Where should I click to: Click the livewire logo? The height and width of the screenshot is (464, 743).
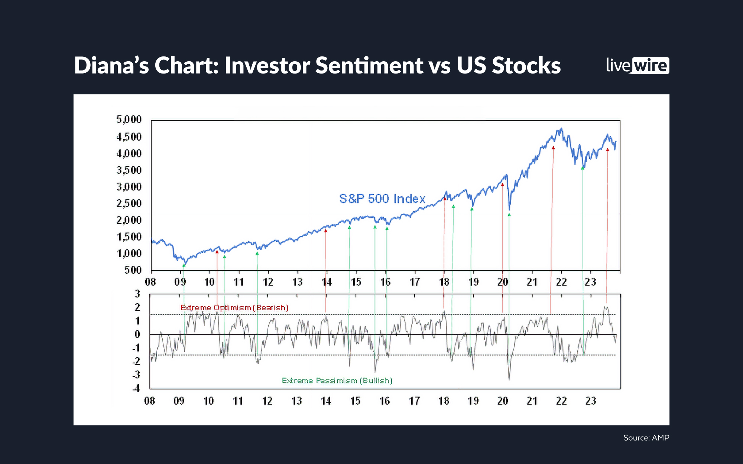(637, 65)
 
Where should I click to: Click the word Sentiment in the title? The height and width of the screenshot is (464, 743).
(369, 66)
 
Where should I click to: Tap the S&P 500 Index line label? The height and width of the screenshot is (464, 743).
(382, 199)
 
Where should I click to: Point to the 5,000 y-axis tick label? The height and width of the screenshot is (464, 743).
(129, 120)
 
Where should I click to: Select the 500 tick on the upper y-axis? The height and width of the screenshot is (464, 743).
(133, 270)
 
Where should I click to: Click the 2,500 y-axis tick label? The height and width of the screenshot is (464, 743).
(129, 203)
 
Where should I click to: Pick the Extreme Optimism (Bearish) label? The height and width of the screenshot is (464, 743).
(234, 308)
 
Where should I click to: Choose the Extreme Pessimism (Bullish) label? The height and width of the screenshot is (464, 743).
(337, 380)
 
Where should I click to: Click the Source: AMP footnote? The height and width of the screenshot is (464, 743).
(646, 438)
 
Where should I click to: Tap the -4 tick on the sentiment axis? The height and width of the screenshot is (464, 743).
(136, 388)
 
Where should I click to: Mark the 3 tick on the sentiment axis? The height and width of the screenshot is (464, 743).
(137, 294)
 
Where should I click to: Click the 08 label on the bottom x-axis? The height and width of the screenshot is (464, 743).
(150, 401)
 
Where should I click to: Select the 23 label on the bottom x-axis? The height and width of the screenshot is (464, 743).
(591, 401)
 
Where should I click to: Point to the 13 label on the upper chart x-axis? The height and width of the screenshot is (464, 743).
(297, 282)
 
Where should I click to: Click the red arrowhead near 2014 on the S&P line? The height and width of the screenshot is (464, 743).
(326, 231)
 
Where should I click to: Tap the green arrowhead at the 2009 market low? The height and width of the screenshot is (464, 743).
(184, 266)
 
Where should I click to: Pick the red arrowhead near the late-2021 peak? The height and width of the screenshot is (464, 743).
(553, 148)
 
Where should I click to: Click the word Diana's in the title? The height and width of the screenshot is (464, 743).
(111, 66)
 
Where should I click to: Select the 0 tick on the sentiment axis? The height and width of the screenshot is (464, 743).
(137, 334)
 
